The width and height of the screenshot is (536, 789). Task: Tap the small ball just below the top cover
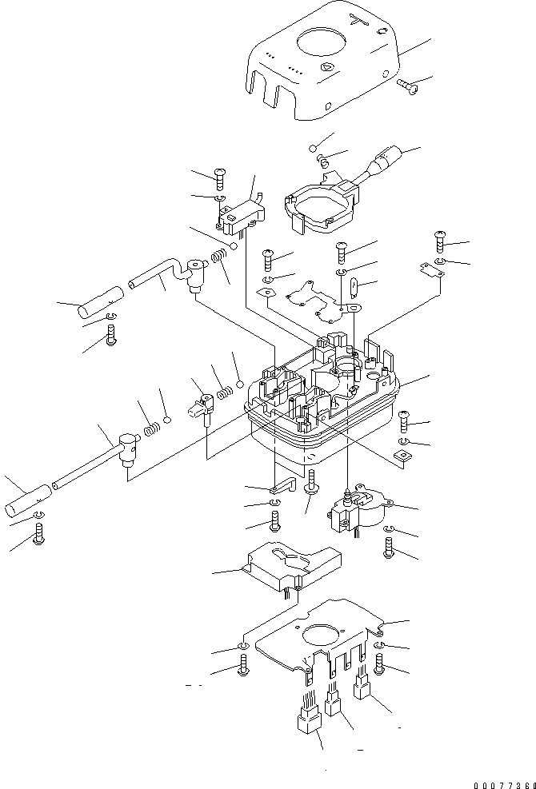(315, 149)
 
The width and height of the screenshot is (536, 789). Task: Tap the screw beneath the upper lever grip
(110, 338)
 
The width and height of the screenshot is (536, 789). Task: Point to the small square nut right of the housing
(403, 456)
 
